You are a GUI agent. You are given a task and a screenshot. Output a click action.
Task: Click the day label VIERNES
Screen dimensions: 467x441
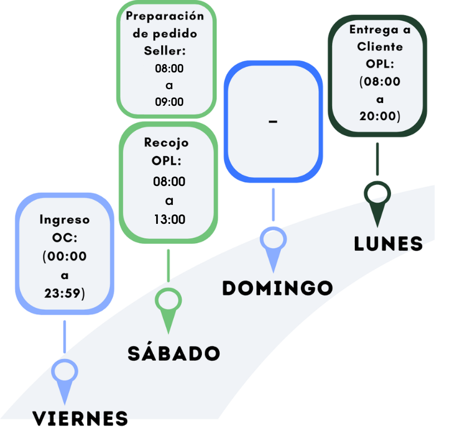click(80, 418)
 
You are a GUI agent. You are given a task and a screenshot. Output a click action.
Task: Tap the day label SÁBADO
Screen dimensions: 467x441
click(174, 353)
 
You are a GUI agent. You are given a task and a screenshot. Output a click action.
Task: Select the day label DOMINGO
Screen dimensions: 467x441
click(277, 288)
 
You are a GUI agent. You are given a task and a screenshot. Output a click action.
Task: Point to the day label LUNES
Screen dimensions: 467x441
click(389, 244)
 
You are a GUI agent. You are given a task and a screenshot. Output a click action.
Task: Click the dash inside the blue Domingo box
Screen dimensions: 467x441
click(272, 121)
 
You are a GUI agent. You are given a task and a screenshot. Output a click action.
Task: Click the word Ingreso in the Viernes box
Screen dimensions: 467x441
click(64, 219)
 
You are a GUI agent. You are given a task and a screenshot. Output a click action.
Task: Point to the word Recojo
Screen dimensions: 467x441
click(166, 143)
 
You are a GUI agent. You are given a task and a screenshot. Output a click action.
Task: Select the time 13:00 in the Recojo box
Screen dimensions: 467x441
click(170, 219)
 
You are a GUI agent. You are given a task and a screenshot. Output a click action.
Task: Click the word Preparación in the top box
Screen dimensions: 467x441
click(165, 16)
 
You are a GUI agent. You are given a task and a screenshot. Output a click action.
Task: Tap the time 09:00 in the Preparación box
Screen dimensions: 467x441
click(169, 102)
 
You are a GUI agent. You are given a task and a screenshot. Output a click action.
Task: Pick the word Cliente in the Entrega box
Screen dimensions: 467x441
click(380, 47)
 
